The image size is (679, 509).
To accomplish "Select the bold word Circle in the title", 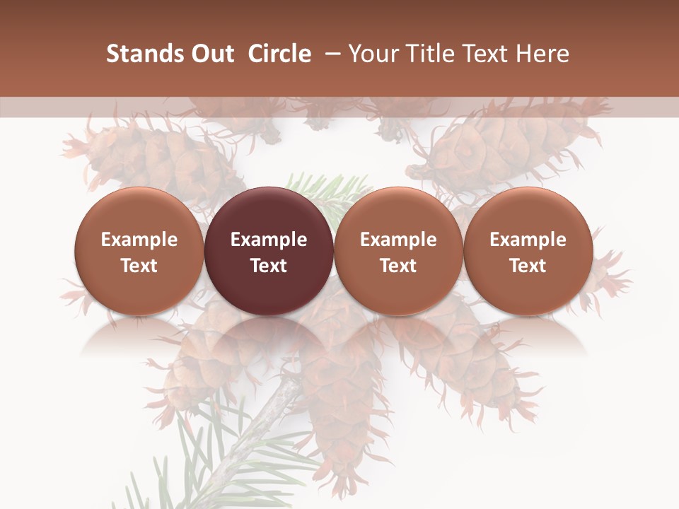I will pyautogui.click(x=279, y=54).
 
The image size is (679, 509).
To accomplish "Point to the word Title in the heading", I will pyautogui.click(x=426, y=54).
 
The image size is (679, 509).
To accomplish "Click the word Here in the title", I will pyautogui.click(x=542, y=54).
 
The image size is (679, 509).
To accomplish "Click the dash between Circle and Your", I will pyautogui.click(x=330, y=54).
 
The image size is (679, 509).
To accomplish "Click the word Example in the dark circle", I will pyautogui.click(x=269, y=240).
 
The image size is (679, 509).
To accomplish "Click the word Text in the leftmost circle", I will pyautogui.click(x=139, y=266).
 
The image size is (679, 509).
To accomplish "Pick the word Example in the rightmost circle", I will pyautogui.click(x=528, y=240).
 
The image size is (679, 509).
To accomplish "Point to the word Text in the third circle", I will pyautogui.click(x=398, y=266).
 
